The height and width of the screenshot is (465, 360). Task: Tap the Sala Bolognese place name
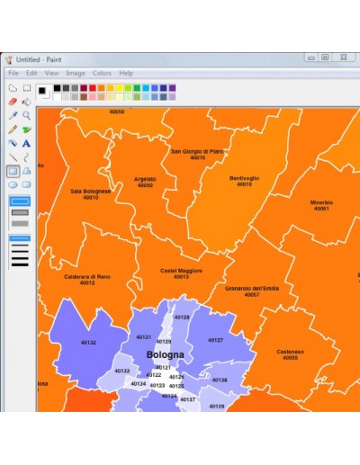click(x=91, y=191)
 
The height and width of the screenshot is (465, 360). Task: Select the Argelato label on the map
click(x=144, y=179)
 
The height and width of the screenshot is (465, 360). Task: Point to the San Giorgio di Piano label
click(x=197, y=151)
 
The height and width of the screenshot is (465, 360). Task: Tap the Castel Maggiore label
click(x=181, y=270)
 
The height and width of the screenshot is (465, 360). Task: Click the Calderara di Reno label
click(x=86, y=276)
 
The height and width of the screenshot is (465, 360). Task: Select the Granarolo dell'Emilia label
click(x=251, y=288)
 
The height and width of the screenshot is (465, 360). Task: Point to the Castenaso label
click(x=290, y=352)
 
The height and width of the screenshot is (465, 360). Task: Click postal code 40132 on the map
click(x=88, y=343)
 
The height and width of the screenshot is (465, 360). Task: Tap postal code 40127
click(x=215, y=340)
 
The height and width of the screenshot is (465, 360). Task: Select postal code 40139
click(x=216, y=406)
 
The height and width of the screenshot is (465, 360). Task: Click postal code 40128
click(x=182, y=317)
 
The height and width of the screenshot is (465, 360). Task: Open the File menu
click(x=13, y=73)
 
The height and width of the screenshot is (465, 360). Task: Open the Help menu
click(x=126, y=73)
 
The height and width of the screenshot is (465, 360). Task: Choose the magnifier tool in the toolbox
click(x=27, y=115)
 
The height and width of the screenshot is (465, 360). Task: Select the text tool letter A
click(x=27, y=142)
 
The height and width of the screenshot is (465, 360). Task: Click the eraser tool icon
click(x=13, y=102)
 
